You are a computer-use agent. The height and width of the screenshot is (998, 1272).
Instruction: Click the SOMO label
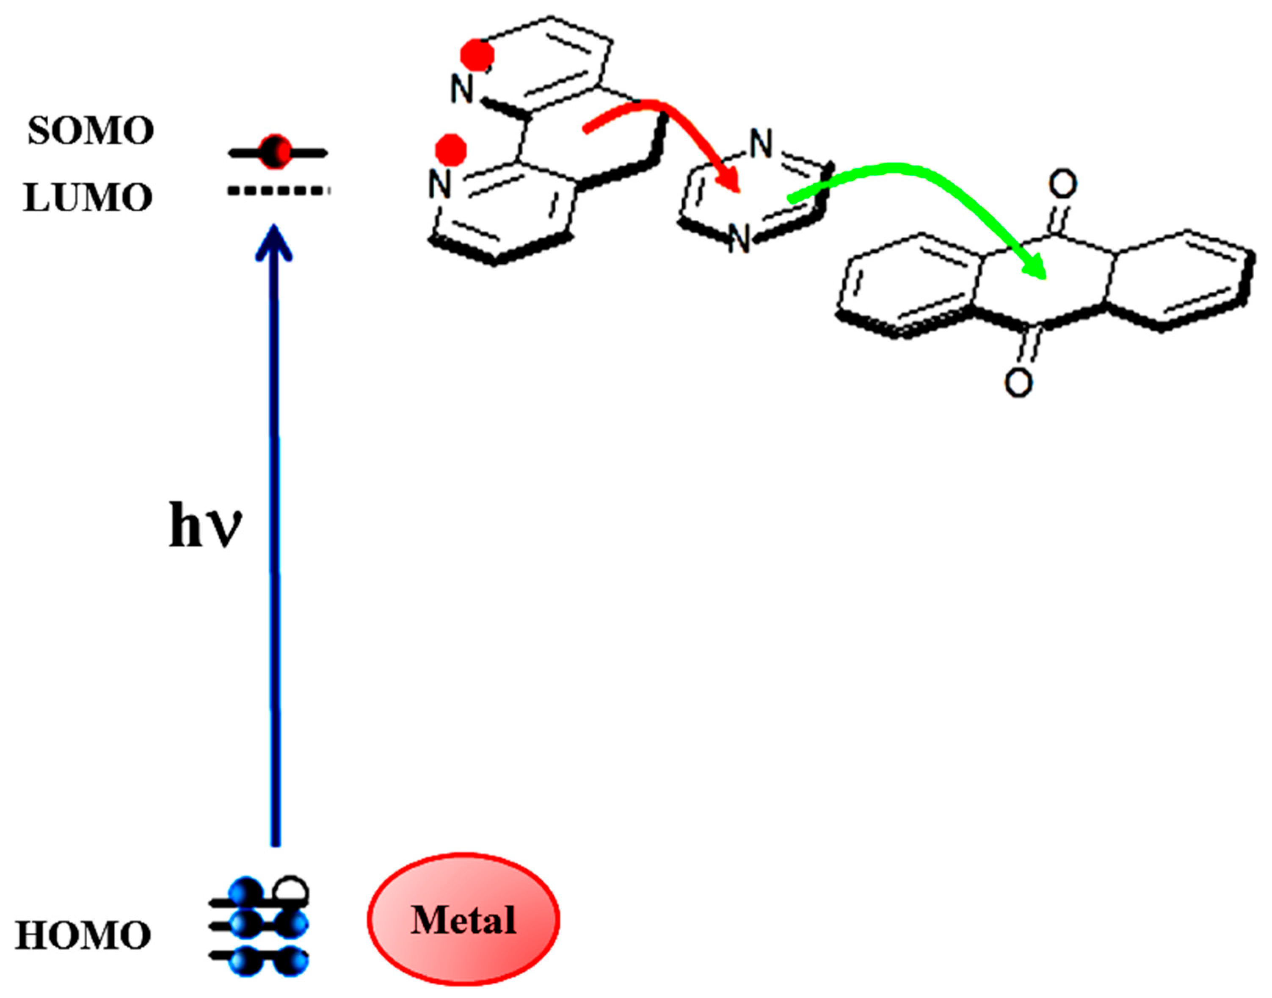click(x=91, y=130)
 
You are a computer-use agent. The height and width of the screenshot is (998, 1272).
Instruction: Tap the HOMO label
click(x=83, y=935)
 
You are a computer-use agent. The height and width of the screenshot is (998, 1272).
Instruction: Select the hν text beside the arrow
click(x=205, y=526)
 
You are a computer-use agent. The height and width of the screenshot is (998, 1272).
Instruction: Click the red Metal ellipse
click(x=463, y=920)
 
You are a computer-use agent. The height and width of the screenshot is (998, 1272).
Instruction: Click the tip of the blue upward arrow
click(x=274, y=229)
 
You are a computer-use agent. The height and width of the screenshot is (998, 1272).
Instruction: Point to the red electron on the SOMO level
click(x=275, y=152)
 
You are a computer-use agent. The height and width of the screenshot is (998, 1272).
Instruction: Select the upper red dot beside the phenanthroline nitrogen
click(x=477, y=55)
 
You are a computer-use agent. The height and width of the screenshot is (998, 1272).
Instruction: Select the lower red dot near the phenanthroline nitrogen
click(x=452, y=149)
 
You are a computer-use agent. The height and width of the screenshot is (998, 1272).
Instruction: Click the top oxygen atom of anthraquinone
click(x=1062, y=184)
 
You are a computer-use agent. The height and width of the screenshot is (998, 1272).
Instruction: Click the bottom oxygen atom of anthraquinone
click(x=1018, y=383)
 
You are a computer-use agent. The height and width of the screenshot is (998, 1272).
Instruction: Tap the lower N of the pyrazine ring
click(x=740, y=240)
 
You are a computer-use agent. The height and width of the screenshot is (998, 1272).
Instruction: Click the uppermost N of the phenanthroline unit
click(x=462, y=90)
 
